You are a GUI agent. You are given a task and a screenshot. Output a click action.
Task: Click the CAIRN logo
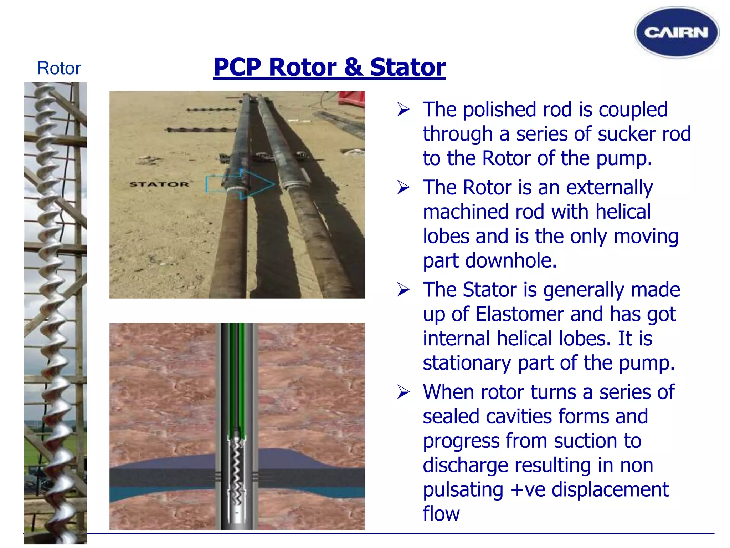(676, 32)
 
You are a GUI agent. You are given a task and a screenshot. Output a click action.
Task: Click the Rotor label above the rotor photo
(59, 68)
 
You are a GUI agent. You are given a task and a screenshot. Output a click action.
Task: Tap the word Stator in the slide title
(407, 67)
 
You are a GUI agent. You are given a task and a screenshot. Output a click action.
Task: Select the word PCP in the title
(237, 67)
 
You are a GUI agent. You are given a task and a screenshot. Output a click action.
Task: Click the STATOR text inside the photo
(159, 184)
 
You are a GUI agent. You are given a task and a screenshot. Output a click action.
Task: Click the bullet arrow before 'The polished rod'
(403, 110)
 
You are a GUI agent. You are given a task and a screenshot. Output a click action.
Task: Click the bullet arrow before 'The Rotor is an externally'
(403, 188)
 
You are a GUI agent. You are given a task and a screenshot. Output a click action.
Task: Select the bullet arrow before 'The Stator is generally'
(403, 290)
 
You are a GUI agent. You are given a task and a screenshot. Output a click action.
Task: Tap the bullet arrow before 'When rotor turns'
(403, 392)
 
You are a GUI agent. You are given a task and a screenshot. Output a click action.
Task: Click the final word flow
(441, 514)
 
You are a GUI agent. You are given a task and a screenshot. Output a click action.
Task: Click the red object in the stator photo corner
(352, 98)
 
